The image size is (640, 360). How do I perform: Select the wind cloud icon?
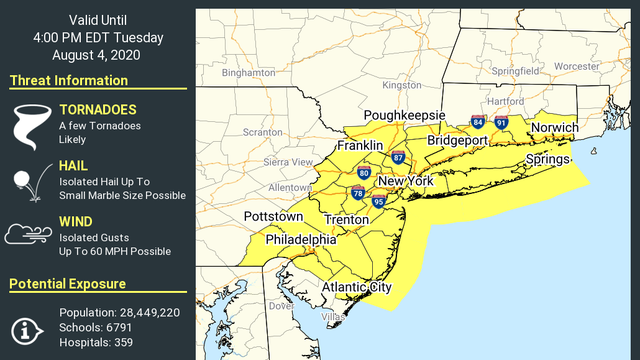pyautogui.click(x=28, y=234)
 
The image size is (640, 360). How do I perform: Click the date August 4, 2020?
pyautogui.click(x=97, y=55)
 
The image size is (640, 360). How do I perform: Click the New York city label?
pyautogui.click(x=405, y=181)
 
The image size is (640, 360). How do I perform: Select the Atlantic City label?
pyautogui.click(x=356, y=288)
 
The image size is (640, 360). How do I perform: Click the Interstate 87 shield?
pyautogui.click(x=398, y=158)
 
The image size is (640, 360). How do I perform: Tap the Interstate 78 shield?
pyautogui.click(x=358, y=193)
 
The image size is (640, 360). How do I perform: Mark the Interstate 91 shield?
pyautogui.click(x=501, y=122)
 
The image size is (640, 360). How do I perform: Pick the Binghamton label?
pyautogui.click(x=249, y=73)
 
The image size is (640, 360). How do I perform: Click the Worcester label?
pyautogui.click(x=576, y=66)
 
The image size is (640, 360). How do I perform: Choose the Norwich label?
pyautogui.click(x=554, y=129)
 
